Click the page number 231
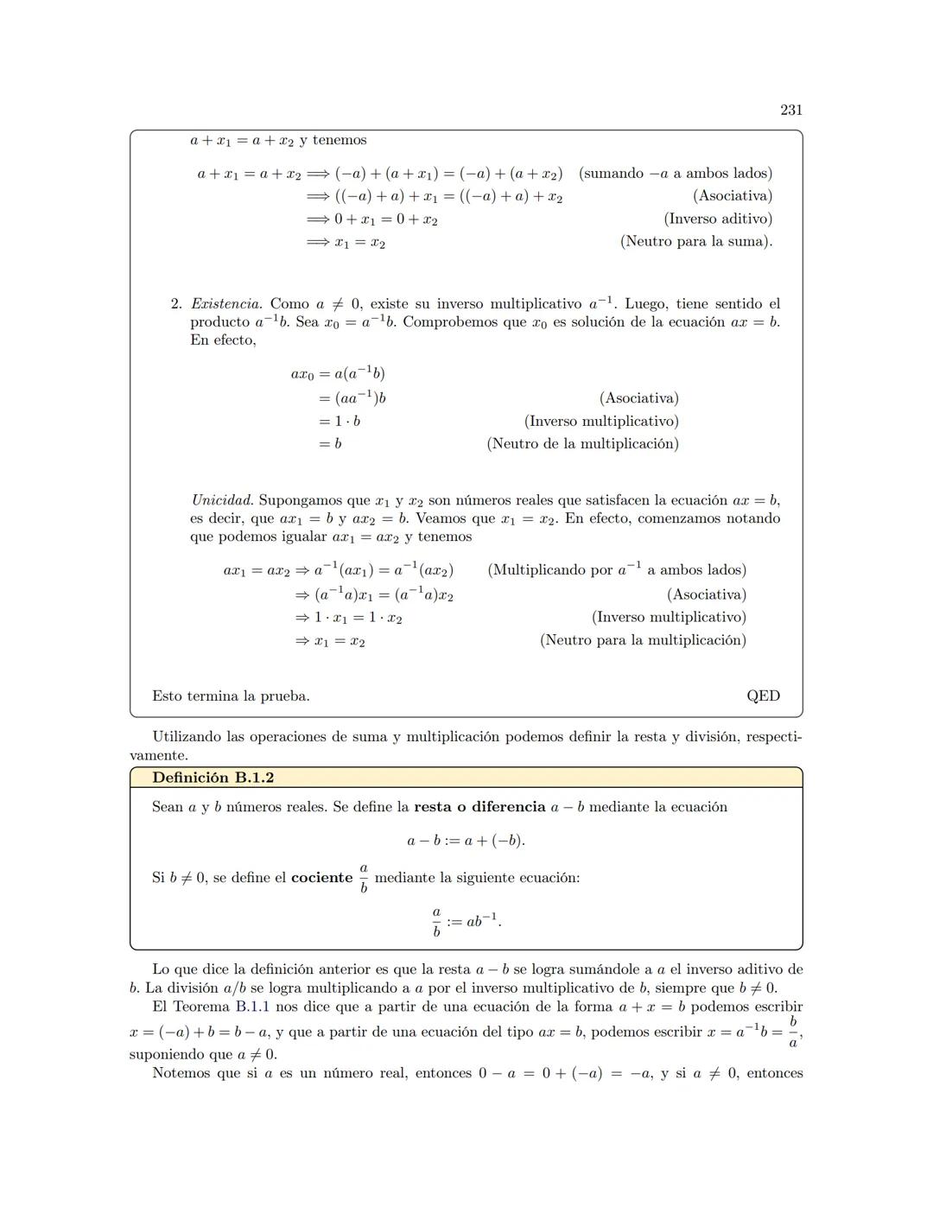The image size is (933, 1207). (790, 110)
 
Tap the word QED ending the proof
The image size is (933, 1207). (763, 696)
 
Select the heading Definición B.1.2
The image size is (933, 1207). (213, 778)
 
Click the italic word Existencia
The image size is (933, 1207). (225, 304)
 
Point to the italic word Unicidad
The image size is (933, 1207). (222, 500)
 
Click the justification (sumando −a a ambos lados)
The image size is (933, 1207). (676, 174)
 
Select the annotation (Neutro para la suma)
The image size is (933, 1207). (695, 242)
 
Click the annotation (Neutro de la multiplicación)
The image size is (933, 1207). (582, 444)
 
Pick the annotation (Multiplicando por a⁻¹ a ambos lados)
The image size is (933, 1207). (617, 570)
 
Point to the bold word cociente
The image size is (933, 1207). (321, 878)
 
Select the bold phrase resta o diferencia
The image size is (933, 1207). (479, 807)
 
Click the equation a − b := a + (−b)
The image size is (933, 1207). (466, 841)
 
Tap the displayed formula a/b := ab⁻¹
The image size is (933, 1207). (466, 922)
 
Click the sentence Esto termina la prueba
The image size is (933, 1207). (231, 696)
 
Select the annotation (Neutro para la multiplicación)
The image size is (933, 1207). (643, 640)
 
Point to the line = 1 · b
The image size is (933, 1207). (339, 422)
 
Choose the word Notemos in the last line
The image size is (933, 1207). (181, 1073)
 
